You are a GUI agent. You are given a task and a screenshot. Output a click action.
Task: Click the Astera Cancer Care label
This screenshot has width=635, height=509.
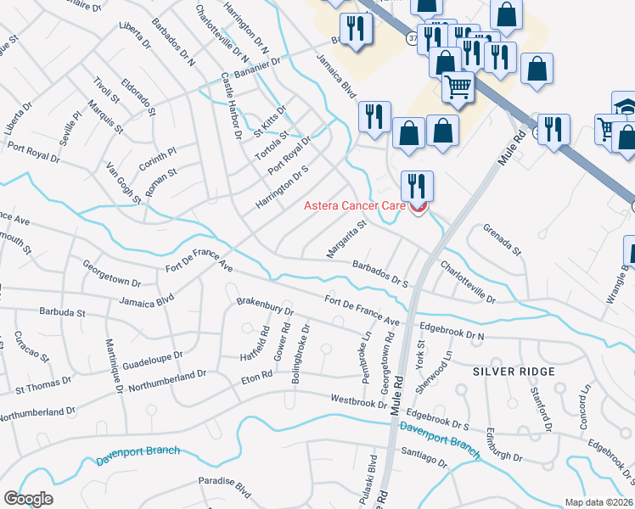(x=356, y=206)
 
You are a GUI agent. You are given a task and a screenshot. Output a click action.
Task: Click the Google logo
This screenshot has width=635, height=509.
(x=28, y=499)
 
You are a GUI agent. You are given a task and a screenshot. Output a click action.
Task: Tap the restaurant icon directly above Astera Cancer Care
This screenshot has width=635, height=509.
(x=417, y=186)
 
